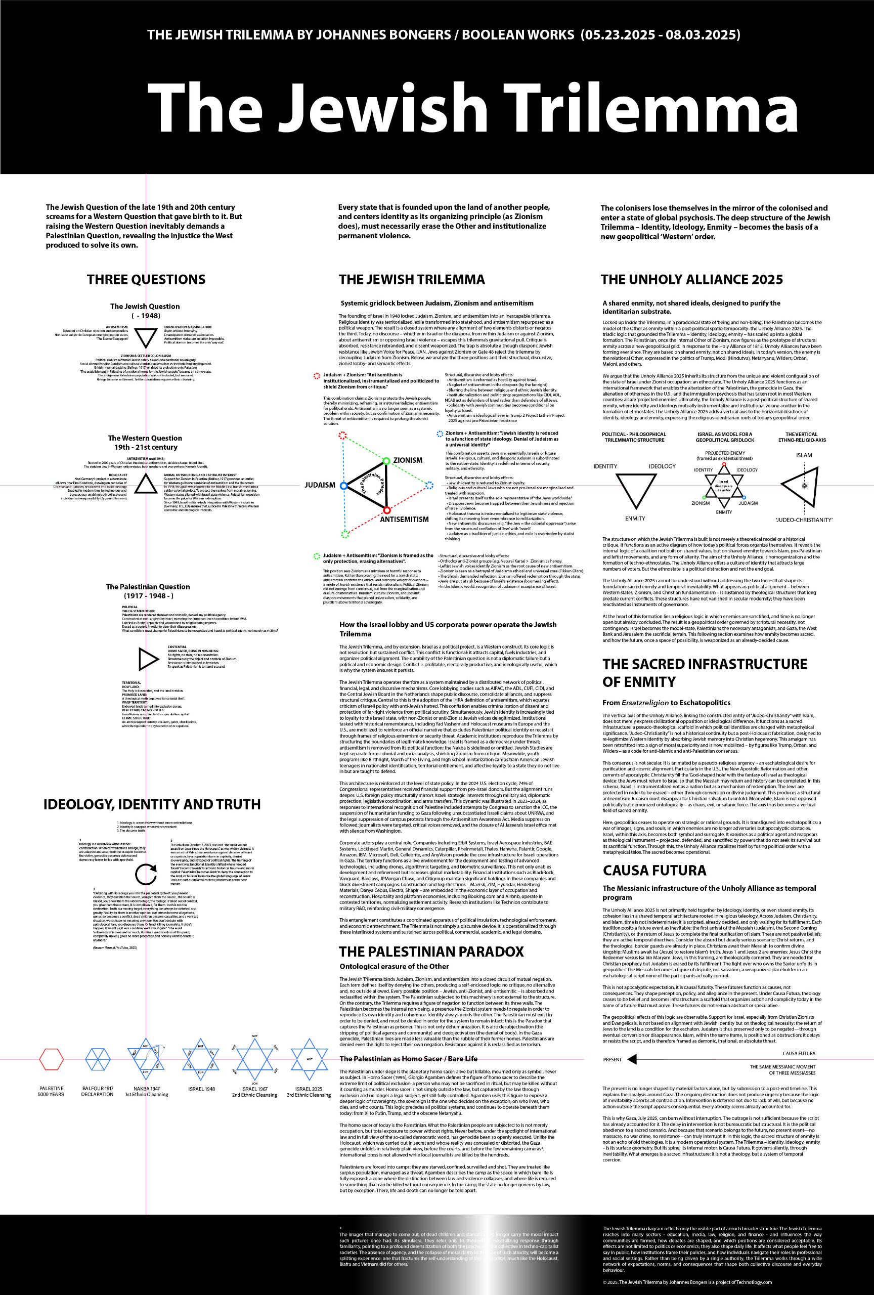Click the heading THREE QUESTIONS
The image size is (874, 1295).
pyautogui.click(x=146, y=279)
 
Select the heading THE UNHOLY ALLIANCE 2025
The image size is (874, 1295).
pyautogui.click(x=691, y=279)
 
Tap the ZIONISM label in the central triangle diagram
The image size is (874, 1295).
pyautogui.click(x=408, y=460)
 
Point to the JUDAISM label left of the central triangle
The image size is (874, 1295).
pyautogui.click(x=320, y=485)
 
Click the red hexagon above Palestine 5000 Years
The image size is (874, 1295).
pyautogui.click(x=51, y=1059)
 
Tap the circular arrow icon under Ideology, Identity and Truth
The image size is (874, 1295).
pyautogui.click(x=146, y=874)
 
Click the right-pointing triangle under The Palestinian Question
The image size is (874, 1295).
pyautogui.click(x=148, y=659)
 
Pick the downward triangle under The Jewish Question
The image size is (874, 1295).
pyautogui.click(x=147, y=338)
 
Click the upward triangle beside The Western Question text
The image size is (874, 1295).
pyautogui.click(x=147, y=483)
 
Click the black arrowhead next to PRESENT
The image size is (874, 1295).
pyautogui.click(x=632, y=1059)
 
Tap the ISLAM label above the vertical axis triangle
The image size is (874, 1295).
pyautogui.click(x=804, y=455)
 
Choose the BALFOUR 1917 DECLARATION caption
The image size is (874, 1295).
pyautogui.click(x=98, y=1091)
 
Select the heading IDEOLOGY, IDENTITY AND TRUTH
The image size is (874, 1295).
pyautogui.click(x=152, y=804)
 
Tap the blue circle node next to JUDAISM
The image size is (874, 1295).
pyautogui.click(x=344, y=486)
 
